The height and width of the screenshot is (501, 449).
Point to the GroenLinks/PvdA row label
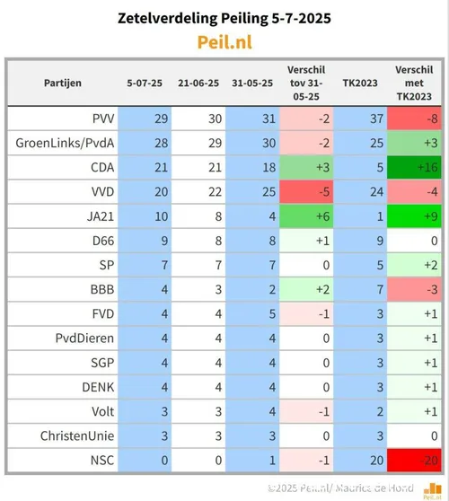point(62,142)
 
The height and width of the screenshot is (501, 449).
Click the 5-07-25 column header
point(145,83)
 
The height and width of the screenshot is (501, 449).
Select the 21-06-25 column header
point(198,83)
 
